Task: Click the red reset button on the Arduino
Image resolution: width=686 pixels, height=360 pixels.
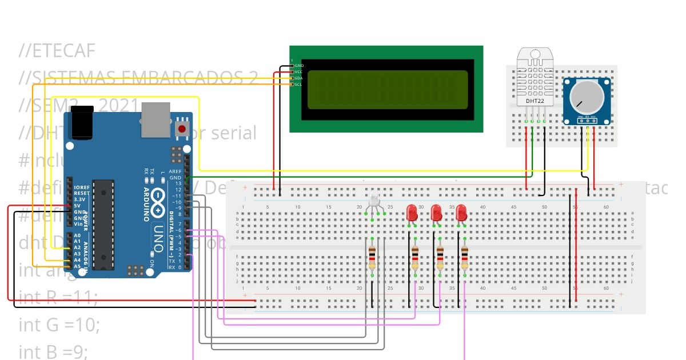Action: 182,129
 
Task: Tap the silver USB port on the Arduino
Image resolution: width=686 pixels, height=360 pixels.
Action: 155,120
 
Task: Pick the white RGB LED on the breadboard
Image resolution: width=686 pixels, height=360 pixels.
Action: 374,200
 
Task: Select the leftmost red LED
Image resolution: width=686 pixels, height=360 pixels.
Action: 412,213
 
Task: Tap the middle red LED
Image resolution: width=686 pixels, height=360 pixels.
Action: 436,213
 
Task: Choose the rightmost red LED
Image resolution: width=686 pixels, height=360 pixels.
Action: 462,213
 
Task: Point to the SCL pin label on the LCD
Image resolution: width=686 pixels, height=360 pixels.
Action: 298,85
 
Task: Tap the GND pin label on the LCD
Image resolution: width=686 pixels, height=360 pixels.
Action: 298,66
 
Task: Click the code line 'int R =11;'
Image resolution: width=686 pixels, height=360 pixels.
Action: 58,297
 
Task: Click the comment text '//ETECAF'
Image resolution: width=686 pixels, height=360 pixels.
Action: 57,51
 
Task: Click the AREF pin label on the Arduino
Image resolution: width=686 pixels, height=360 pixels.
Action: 175,171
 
